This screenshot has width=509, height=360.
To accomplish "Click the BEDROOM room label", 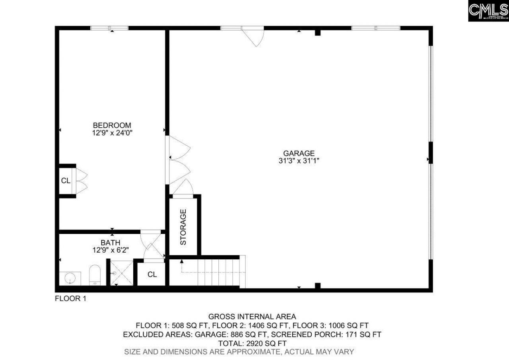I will coord(112,125).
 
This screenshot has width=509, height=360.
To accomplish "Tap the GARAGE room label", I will coord(299,153).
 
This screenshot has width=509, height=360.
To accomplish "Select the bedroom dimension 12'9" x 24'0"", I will coord(112,133).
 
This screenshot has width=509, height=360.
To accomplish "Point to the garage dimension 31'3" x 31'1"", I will coord(299,161).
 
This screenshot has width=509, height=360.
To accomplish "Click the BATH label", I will coord(110,243).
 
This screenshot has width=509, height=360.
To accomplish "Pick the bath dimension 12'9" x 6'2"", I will coord(110,250).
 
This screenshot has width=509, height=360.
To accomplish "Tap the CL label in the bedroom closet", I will coord(66,181).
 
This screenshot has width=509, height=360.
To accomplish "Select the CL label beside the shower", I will coord(152,274).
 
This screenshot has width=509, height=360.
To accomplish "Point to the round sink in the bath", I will coord(70,277).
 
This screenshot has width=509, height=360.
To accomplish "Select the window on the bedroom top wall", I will coord(109,28).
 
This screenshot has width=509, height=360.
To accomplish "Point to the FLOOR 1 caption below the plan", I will coord(70,299).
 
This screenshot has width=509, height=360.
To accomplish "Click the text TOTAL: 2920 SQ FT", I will coord(252,343).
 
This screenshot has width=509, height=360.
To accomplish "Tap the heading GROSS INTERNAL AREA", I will coord(252,317).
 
